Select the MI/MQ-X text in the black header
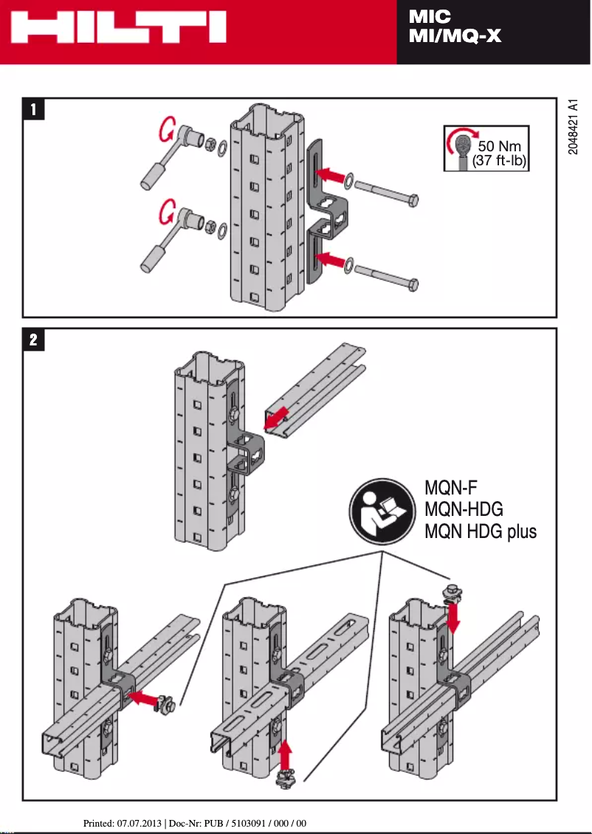(x=455, y=35)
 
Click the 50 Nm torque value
(x=500, y=146)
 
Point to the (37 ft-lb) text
(x=499, y=161)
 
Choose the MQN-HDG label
(x=464, y=509)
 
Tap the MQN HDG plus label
(x=481, y=531)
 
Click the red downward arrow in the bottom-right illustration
(x=453, y=618)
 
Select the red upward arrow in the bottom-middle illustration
(x=286, y=754)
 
